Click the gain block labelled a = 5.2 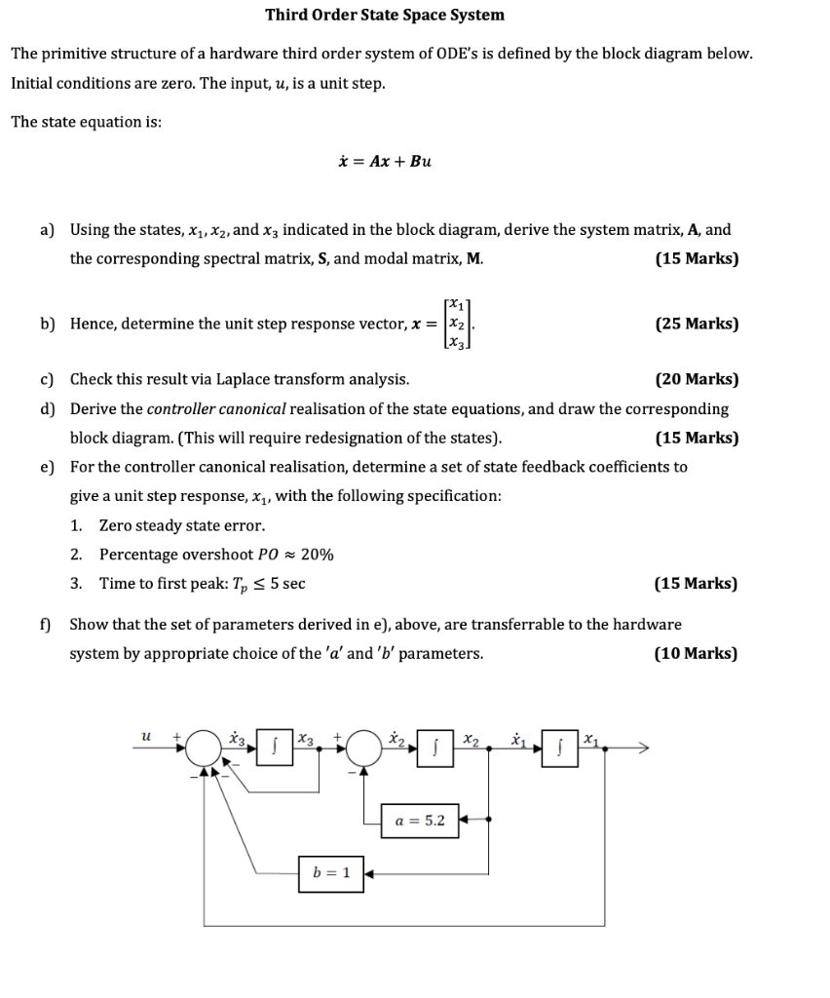421,820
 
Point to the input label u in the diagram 147,739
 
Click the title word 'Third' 287,15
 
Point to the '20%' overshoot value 318,555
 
